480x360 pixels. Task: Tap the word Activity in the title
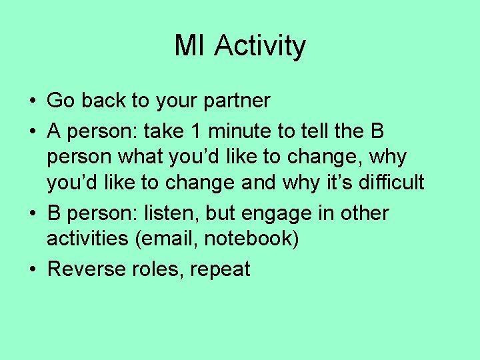click(260, 47)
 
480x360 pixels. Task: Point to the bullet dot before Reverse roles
click(32, 270)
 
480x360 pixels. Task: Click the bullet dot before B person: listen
click(32, 214)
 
